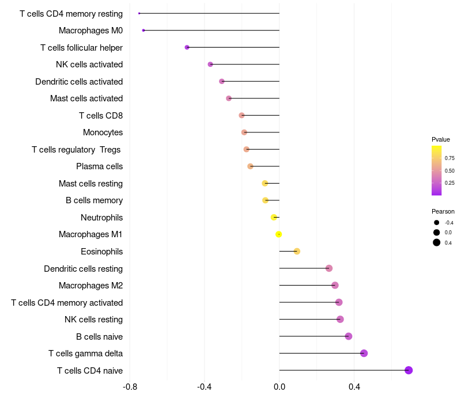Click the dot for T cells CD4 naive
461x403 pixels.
coord(409,370)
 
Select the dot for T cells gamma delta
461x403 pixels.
coord(364,353)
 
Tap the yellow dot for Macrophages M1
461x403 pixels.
coord(279,234)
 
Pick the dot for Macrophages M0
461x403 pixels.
coord(143,30)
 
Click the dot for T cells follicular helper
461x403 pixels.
coord(187,47)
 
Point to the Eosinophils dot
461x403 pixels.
coord(297,251)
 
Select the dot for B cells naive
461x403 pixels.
coord(348,336)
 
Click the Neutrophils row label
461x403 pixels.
coord(101,218)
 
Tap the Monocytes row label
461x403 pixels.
coord(103,132)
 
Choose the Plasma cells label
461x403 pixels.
coord(99,166)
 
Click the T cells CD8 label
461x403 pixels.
coord(101,116)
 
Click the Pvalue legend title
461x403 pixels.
coord(441,139)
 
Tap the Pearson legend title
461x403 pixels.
coord(443,211)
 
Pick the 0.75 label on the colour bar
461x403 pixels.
coord(449,158)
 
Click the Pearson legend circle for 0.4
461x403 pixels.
coord(437,242)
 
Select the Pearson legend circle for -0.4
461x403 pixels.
coord(437,223)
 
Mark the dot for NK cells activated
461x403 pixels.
coord(210,64)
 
